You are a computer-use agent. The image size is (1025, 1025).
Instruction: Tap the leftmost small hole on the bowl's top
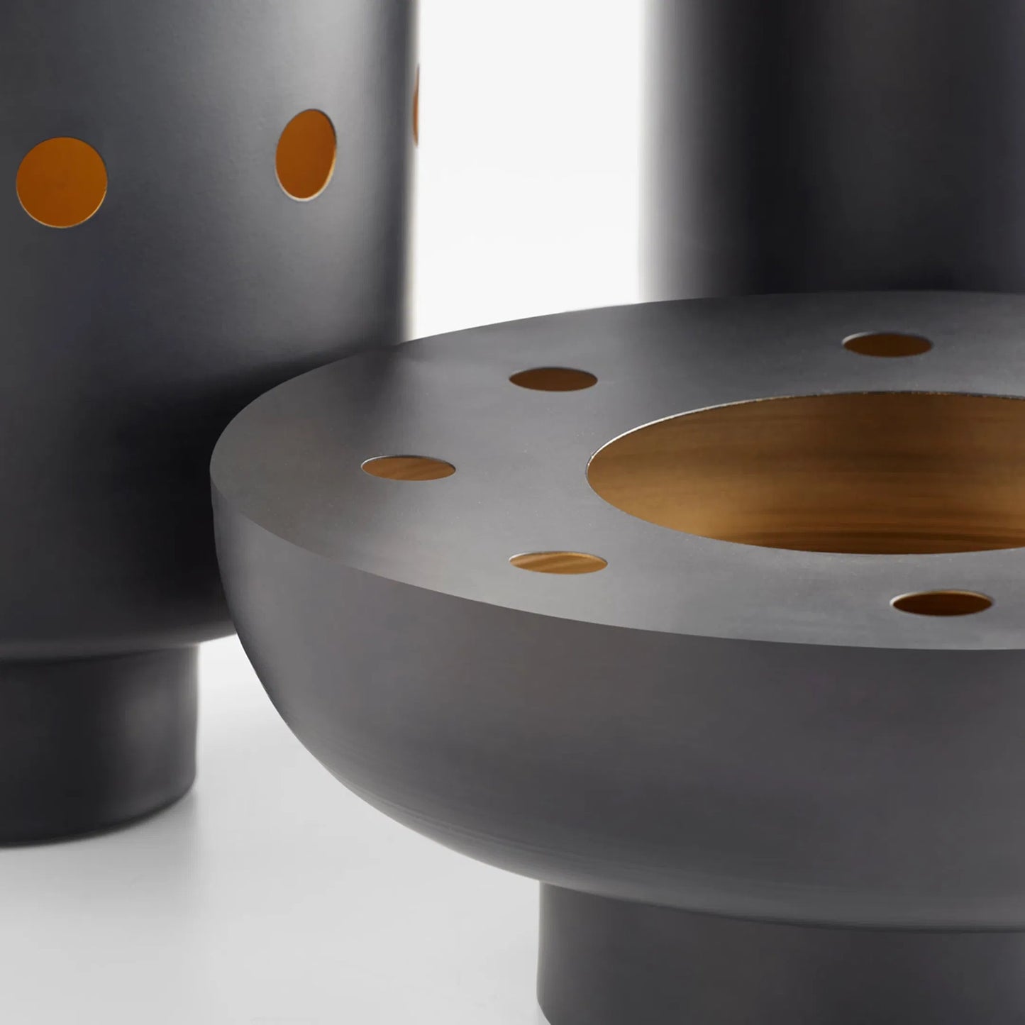(408, 468)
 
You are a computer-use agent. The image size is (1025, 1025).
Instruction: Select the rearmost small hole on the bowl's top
(887, 345)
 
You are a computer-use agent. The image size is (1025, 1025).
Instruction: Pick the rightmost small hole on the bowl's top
(941, 604)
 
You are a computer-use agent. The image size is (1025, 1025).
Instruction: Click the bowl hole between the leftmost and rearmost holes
(553, 379)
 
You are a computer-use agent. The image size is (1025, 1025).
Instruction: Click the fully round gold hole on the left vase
(62, 182)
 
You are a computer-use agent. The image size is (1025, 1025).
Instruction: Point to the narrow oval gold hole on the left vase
(305, 154)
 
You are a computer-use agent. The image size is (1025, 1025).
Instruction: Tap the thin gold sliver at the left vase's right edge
(416, 106)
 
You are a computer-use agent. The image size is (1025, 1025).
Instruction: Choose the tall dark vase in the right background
(837, 142)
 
